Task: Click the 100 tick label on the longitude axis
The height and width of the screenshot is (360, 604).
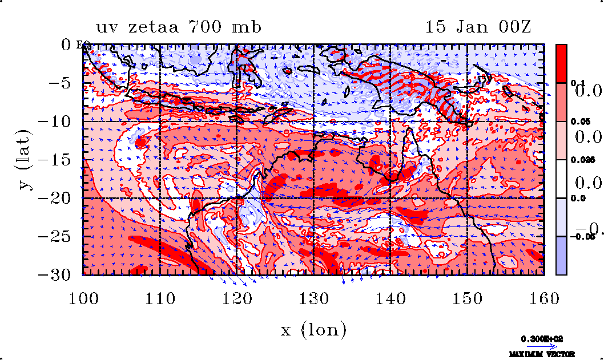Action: click(83, 297)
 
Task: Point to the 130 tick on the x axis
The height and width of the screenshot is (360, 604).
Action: click(313, 297)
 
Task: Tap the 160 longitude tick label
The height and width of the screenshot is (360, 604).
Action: click(544, 297)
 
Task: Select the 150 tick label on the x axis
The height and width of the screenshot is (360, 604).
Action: click(467, 297)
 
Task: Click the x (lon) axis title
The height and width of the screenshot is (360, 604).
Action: click(313, 330)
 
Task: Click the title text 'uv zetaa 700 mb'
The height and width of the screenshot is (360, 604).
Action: click(179, 27)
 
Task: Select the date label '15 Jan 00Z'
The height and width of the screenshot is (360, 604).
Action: click(478, 27)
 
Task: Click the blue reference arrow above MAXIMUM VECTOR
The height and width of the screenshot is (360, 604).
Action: click(542, 346)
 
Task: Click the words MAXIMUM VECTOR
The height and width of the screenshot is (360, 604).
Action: click(542, 354)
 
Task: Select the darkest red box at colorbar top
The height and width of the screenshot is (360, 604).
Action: click(562, 63)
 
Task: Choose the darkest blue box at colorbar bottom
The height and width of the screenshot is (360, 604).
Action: click(562, 256)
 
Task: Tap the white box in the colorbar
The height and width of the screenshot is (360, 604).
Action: click(562, 179)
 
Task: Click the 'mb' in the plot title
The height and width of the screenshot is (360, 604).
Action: click(247, 27)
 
